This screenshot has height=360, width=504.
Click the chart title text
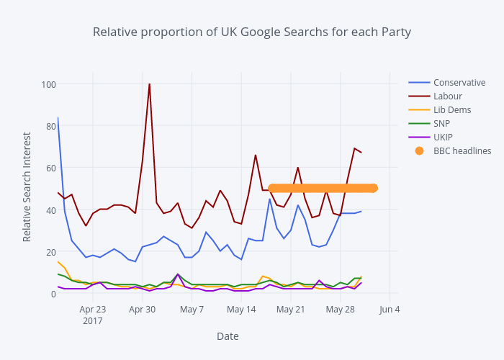251,32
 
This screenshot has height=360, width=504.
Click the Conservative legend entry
459,82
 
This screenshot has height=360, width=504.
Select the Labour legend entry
447,96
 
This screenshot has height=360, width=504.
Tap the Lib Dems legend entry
451,109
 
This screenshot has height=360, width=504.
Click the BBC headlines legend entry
462,150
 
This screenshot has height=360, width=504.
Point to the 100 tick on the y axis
48,84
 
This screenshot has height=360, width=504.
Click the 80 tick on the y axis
50,126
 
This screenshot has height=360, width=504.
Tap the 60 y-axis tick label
50,168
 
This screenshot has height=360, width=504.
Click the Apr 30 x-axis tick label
142,310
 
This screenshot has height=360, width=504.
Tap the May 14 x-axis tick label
241,310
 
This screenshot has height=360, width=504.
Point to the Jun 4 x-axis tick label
390,310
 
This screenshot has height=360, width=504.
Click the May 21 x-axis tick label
291,310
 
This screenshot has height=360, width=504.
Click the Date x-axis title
228,336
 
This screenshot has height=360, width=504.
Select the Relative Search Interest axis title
27,186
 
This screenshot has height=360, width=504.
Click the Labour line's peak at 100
149,84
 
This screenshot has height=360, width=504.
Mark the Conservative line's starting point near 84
58,117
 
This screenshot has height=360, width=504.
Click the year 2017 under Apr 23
92,320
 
